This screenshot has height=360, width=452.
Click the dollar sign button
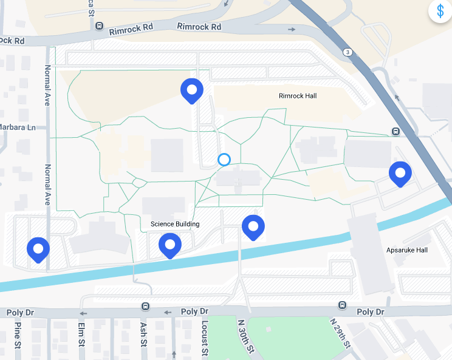(x=440, y=11)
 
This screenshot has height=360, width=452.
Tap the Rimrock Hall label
(x=298, y=96)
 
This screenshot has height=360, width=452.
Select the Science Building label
(x=175, y=224)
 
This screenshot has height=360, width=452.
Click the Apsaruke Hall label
(x=407, y=250)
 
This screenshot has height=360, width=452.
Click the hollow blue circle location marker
(x=224, y=160)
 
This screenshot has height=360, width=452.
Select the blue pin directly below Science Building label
(x=170, y=246)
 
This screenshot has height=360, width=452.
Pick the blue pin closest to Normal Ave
(x=38, y=250)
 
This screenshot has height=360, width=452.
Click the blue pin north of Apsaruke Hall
(x=400, y=174)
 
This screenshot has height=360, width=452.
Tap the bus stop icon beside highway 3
(x=395, y=132)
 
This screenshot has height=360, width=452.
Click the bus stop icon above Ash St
(x=145, y=305)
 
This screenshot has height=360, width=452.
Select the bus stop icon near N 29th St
(x=342, y=305)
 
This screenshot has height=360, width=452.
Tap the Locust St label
(x=205, y=337)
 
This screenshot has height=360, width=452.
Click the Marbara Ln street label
(x=18, y=127)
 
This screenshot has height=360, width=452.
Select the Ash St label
(x=143, y=335)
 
